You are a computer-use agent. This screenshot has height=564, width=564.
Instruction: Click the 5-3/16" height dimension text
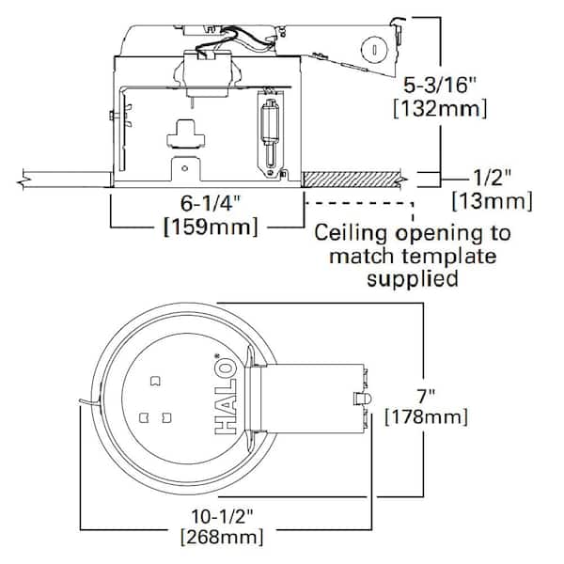coord(440,86)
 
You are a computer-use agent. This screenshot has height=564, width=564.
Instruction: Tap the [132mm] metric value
coord(440,108)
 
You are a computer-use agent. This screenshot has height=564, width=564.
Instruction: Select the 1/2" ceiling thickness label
coord(492,178)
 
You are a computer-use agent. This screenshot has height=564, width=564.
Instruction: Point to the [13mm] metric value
coord(492,201)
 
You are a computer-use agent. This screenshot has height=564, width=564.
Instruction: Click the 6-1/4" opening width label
coord(210,204)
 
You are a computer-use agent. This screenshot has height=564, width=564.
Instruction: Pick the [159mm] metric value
coord(211,227)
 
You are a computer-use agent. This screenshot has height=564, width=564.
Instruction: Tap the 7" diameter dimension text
coord(426,397)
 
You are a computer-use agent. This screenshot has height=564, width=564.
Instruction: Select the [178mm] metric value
coord(426,417)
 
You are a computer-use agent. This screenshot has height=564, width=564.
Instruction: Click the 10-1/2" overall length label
coord(222,516)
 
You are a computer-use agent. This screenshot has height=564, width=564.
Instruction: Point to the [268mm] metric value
coord(222,538)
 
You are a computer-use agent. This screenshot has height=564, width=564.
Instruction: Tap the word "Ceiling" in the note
coord(351,234)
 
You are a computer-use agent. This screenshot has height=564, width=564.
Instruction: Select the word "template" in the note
coord(449,257)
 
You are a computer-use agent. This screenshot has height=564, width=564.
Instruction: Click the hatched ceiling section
coord(352,180)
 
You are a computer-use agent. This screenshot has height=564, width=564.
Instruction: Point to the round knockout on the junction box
coord(374,50)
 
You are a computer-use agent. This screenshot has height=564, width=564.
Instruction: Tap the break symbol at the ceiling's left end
coord(23,179)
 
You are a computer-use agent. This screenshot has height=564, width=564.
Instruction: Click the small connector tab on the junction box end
coord(362,399)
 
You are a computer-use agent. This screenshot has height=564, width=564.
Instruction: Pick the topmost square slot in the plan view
coord(155,382)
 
